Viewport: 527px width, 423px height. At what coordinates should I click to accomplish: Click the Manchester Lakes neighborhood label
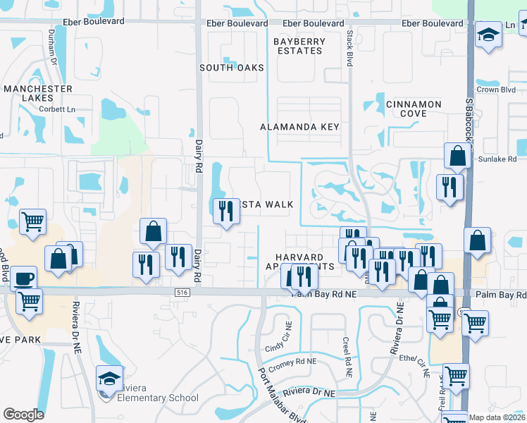[37, 94]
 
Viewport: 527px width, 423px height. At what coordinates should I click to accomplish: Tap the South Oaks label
[231, 68]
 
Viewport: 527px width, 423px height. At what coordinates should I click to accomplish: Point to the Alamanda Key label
[299, 127]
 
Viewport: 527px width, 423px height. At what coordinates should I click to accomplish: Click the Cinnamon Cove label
[414, 109]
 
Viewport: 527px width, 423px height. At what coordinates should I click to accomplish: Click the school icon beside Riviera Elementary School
[109, 379]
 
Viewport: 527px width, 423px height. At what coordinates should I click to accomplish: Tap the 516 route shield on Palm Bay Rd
[182, 290]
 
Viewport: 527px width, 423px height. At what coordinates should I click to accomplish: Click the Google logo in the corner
[23, 415]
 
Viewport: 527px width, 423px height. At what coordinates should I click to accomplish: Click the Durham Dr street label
[51, 45]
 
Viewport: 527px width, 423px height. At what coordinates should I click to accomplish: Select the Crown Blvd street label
[497, 90]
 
